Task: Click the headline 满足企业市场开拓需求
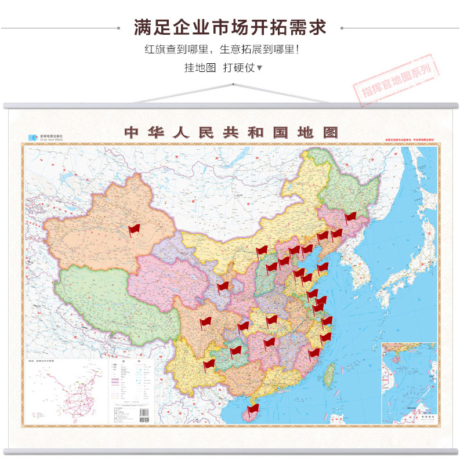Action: pyautogui.click(x=230, y=27)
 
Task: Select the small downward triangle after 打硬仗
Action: pyautogui.click(x=259, y=68)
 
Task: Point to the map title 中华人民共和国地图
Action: pyautogui.click(x=231, y=132)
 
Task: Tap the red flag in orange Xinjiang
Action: pyautogui.click(x=135, y=231)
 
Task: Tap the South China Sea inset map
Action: pyautogui.click(x=408, y=383)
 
